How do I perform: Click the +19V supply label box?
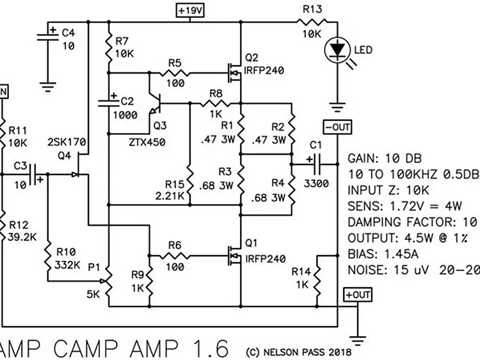pos(190,11)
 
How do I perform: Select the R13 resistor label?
pos(312,8)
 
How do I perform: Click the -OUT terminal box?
pos(337,127)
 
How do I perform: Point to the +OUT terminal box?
pos(356,295)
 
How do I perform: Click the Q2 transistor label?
pos(252,58)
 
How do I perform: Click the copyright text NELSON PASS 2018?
pos(299,351)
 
